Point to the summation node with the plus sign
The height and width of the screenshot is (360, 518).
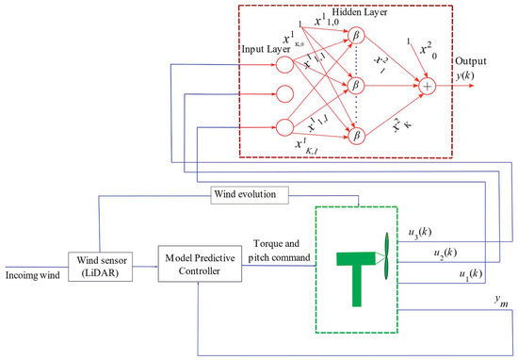tap(429, 86)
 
